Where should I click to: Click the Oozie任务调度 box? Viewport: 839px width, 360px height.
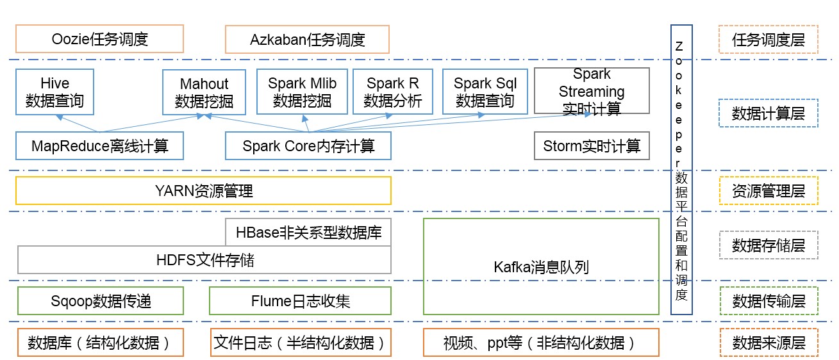tap(99, 39)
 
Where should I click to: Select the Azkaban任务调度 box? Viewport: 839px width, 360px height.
tap(307, 40)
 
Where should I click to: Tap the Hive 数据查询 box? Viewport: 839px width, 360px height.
tap(54, 92)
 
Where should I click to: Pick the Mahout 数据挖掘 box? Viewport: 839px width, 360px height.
tap(204, 92)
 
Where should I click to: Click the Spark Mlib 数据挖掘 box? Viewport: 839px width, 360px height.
tap(302, 92)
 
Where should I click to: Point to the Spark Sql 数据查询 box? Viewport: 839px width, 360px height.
tap(485, 92)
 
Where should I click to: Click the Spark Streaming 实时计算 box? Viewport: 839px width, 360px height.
tap(591, 92)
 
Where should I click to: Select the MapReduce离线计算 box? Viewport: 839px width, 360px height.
tap(99, 146)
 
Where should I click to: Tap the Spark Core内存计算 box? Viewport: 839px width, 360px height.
tap(308, 146)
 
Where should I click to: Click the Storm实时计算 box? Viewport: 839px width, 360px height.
tap(591, 146)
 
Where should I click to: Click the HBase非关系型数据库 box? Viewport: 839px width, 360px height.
tap(308, 232)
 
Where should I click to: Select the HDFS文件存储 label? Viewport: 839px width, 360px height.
tap(204, 259)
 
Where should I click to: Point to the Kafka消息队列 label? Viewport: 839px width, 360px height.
tap(542, 266)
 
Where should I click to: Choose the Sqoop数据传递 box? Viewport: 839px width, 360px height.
tap(101, 300)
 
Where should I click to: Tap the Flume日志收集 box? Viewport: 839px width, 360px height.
tap(300, 300)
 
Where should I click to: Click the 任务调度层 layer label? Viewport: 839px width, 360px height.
tap(768, 39)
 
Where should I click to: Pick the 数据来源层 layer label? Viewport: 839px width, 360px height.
tap(768, 343)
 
